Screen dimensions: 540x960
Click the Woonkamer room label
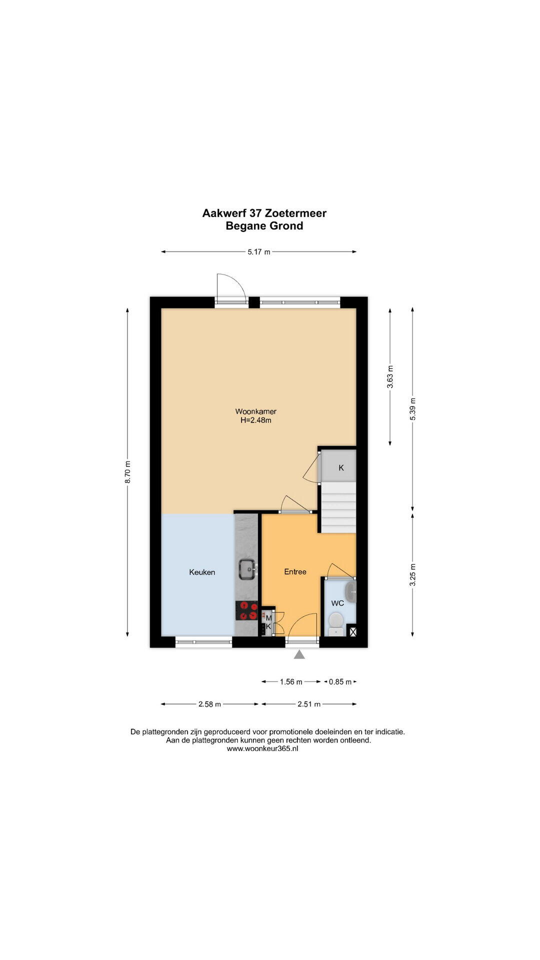(x=256, y=411)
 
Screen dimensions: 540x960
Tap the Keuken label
(x=202, y=572)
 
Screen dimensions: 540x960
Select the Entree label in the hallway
(x=295, y=571)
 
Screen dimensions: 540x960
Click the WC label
(x=337, y=603)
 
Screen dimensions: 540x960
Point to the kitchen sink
(x=247, y=568)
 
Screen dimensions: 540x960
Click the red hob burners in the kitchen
(x=247, y=610)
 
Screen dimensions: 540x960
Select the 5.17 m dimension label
(x=259, y=252)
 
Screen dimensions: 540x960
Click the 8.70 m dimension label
(x=128, y=472)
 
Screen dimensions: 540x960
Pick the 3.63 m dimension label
(x=390, y=377)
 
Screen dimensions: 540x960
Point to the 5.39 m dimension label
(x=412, y=409)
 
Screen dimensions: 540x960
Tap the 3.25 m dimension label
(x=412, y=574)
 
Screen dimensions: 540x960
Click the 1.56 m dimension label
(x=291, y=681)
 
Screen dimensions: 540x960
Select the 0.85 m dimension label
(x=340, y=681)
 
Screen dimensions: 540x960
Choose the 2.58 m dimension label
(x=209, y=704)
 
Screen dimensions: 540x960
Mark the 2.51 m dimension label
(x=309, y=704)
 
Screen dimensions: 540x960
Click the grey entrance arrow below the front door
(x=299, y=654)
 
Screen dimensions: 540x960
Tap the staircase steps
(x=338, y=507)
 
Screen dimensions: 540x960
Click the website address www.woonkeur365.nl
(x=262, y=748)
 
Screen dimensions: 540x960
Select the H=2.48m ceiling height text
(x=256, y=420)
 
